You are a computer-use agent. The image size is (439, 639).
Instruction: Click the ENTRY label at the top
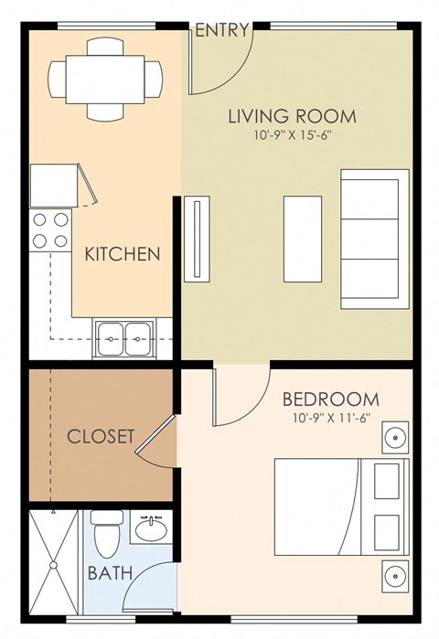222,30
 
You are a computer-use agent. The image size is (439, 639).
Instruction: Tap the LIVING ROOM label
292,117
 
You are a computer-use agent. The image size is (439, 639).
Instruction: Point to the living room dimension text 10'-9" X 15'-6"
292,137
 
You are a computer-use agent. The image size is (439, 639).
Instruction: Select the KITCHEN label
123,254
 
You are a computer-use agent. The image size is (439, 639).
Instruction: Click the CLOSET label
101,435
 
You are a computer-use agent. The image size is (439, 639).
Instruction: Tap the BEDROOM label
330,399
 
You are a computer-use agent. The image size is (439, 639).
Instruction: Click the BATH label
108,573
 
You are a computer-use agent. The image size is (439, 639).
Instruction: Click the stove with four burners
51,230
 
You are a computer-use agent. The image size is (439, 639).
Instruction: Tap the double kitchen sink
122,337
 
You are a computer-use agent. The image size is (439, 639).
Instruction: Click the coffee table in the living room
302,238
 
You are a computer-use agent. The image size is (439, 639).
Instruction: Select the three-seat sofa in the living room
374,238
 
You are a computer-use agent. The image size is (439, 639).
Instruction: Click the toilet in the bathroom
107,534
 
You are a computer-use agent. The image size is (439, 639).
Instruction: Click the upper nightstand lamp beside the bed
392,436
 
